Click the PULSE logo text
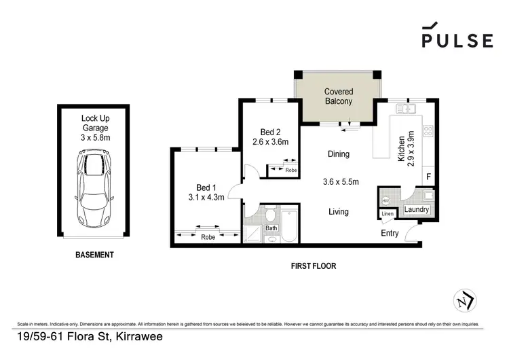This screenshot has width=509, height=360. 457,40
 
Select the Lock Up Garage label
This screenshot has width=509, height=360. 95,126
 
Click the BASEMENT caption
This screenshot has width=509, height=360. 94,255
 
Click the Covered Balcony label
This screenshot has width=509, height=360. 338,96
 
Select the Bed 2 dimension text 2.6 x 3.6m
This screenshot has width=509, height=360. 270,142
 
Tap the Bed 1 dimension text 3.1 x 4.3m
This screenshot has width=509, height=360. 206,196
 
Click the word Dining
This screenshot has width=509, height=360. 338,154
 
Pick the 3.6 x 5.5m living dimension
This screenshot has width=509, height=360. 340,181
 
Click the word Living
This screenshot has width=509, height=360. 338,212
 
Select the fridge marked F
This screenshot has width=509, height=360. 428,176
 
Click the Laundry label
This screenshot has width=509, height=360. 416,210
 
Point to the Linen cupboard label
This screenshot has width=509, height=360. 387,214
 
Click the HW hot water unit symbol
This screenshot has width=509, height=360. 386,200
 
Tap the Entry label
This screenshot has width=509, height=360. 390,233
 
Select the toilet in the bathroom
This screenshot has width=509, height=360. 270,216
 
